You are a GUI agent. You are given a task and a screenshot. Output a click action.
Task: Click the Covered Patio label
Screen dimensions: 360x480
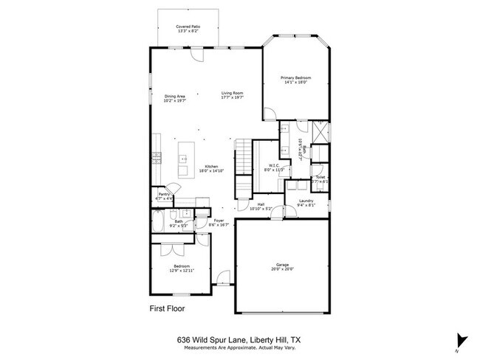point(188,27)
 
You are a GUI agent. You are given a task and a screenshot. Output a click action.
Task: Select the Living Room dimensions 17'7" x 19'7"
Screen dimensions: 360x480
point(232,97)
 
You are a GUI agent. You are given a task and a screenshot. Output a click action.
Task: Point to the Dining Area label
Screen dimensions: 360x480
point(174,96)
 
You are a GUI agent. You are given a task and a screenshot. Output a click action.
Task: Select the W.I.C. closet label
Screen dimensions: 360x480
point(269,166)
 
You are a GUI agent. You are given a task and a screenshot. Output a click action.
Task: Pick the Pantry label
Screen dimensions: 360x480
point(164,195)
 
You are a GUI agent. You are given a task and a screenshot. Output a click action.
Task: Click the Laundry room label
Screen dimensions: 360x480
point(306,201)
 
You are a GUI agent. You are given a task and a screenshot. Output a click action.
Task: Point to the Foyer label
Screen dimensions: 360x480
point(219,221)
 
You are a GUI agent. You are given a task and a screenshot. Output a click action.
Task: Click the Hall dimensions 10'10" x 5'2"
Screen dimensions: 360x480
point(261,210)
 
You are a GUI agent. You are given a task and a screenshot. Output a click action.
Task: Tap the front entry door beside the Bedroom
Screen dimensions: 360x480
point(220,280)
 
